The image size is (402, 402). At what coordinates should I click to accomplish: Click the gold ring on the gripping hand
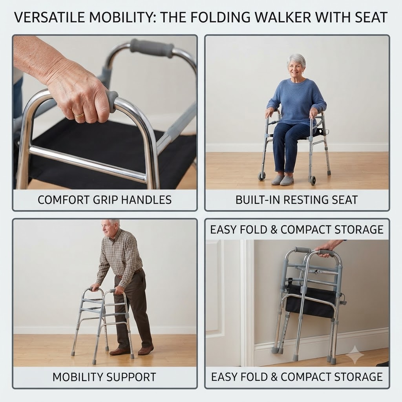(79, 115)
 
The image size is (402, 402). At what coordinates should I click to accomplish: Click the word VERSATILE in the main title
(49, 18)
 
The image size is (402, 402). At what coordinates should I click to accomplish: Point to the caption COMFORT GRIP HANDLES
(104, 200)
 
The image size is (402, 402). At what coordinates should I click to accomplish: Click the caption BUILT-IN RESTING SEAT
(297, 200)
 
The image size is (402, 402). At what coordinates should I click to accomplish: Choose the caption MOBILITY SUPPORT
(104, 377)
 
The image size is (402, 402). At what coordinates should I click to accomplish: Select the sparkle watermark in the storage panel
(355, 355)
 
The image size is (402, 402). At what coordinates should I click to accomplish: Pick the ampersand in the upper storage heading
(274, 230)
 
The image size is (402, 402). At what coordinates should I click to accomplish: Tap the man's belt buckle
(120, 276)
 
